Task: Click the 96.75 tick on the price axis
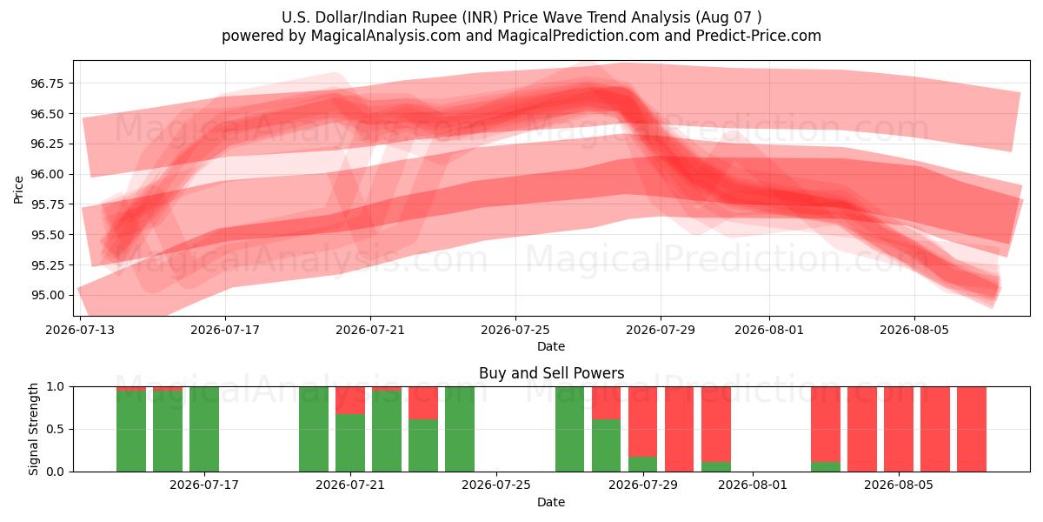point(47,84)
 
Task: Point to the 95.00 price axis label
point(47,296)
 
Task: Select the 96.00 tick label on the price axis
point(47,174)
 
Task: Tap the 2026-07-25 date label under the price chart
point(515,330)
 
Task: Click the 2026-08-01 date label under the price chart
point(768,330)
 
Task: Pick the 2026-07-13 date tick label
point(80,330)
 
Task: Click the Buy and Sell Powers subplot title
point(551,373)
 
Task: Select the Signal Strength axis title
point(33,429)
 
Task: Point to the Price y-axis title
point(18,190)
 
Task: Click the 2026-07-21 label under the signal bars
point(350,485)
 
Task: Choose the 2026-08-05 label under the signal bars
point(899,485)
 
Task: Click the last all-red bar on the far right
point(972,429)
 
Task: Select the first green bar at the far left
point(131,432)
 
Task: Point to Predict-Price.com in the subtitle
point(758,36)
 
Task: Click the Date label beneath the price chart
point(551,347)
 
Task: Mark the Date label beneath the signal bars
point(551,503)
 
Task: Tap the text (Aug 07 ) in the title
point(728,17)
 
